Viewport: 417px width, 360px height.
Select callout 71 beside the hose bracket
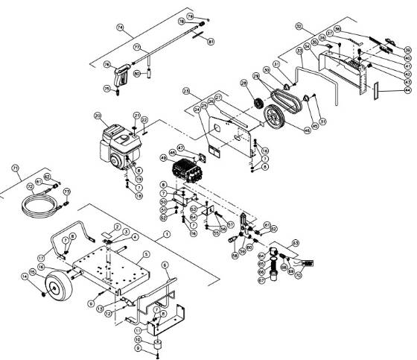coord(15,170)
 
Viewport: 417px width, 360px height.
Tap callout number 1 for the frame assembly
coord(167,233)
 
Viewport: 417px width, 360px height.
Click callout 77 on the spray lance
coord(137,48)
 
